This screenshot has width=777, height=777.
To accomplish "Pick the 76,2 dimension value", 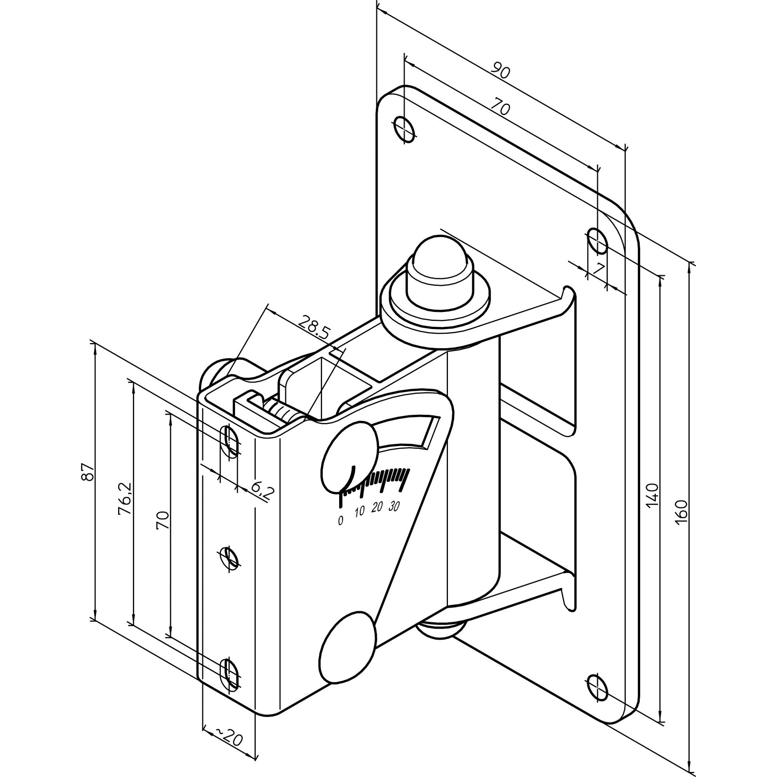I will click(125, 499).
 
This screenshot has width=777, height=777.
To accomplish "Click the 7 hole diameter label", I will click(599, 269).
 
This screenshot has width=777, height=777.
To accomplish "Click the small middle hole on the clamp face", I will click(229, 559).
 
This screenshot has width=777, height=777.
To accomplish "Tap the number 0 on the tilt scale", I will click(341, 521).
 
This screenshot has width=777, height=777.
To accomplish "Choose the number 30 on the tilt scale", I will click(394, 507).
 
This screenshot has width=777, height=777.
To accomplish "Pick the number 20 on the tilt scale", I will click(376, 507).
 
